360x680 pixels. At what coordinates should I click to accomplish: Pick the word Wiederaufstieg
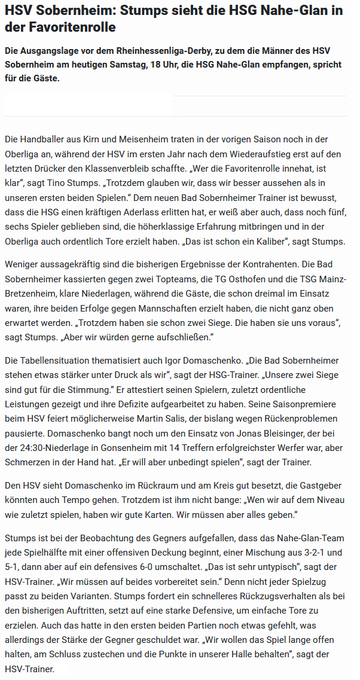tap(252, 154)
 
